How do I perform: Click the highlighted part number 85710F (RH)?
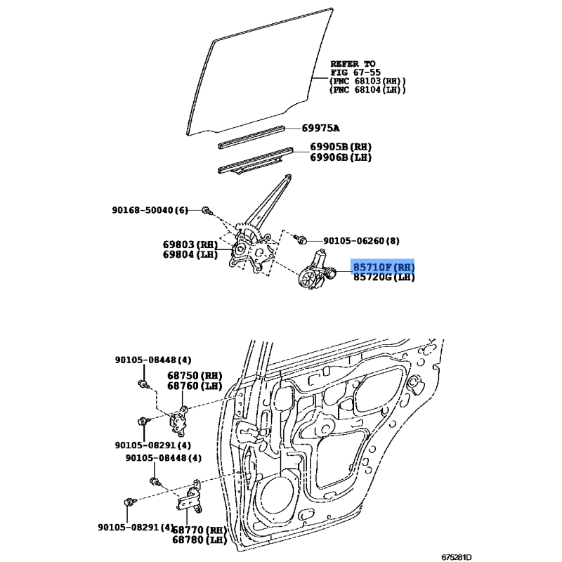pyautogui.click(x=384, y=267)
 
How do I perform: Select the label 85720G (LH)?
pyautogui.click(x=384, y=277)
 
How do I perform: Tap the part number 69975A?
pyautogui.click(x=320, y=128)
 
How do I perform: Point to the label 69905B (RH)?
pyautogui.click(x=341, y=147)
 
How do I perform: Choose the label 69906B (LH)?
pyautogui.click(x=341, y=157)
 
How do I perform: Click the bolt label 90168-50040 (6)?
pyautogui.click(x=150, y=210)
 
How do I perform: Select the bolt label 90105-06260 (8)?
pyautogui.click(x=361, y=240)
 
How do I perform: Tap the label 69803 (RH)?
pyautogui.click(x=190, y=244)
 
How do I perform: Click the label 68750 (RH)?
pyautogui.click(x=195, y=376)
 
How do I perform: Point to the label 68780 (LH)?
pyautogui.click(x=200, y=540)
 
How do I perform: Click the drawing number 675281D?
pyautogui.click(x=456, y=557)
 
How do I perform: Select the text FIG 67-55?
pyautogui.click(x=355, y=72)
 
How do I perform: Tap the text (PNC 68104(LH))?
pyautogui.click(x=367, y=90)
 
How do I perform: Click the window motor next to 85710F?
pyautogui.click(x=315, y=270)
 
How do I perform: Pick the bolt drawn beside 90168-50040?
pyautogui.click(x=207, y=211)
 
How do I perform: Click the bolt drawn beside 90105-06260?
pyautogui.click(x=300, y=239)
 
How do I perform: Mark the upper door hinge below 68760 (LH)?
pyautogui.click(x=179, y=421)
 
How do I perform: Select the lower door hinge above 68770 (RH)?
pyautogui.click(x=190, y=498)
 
